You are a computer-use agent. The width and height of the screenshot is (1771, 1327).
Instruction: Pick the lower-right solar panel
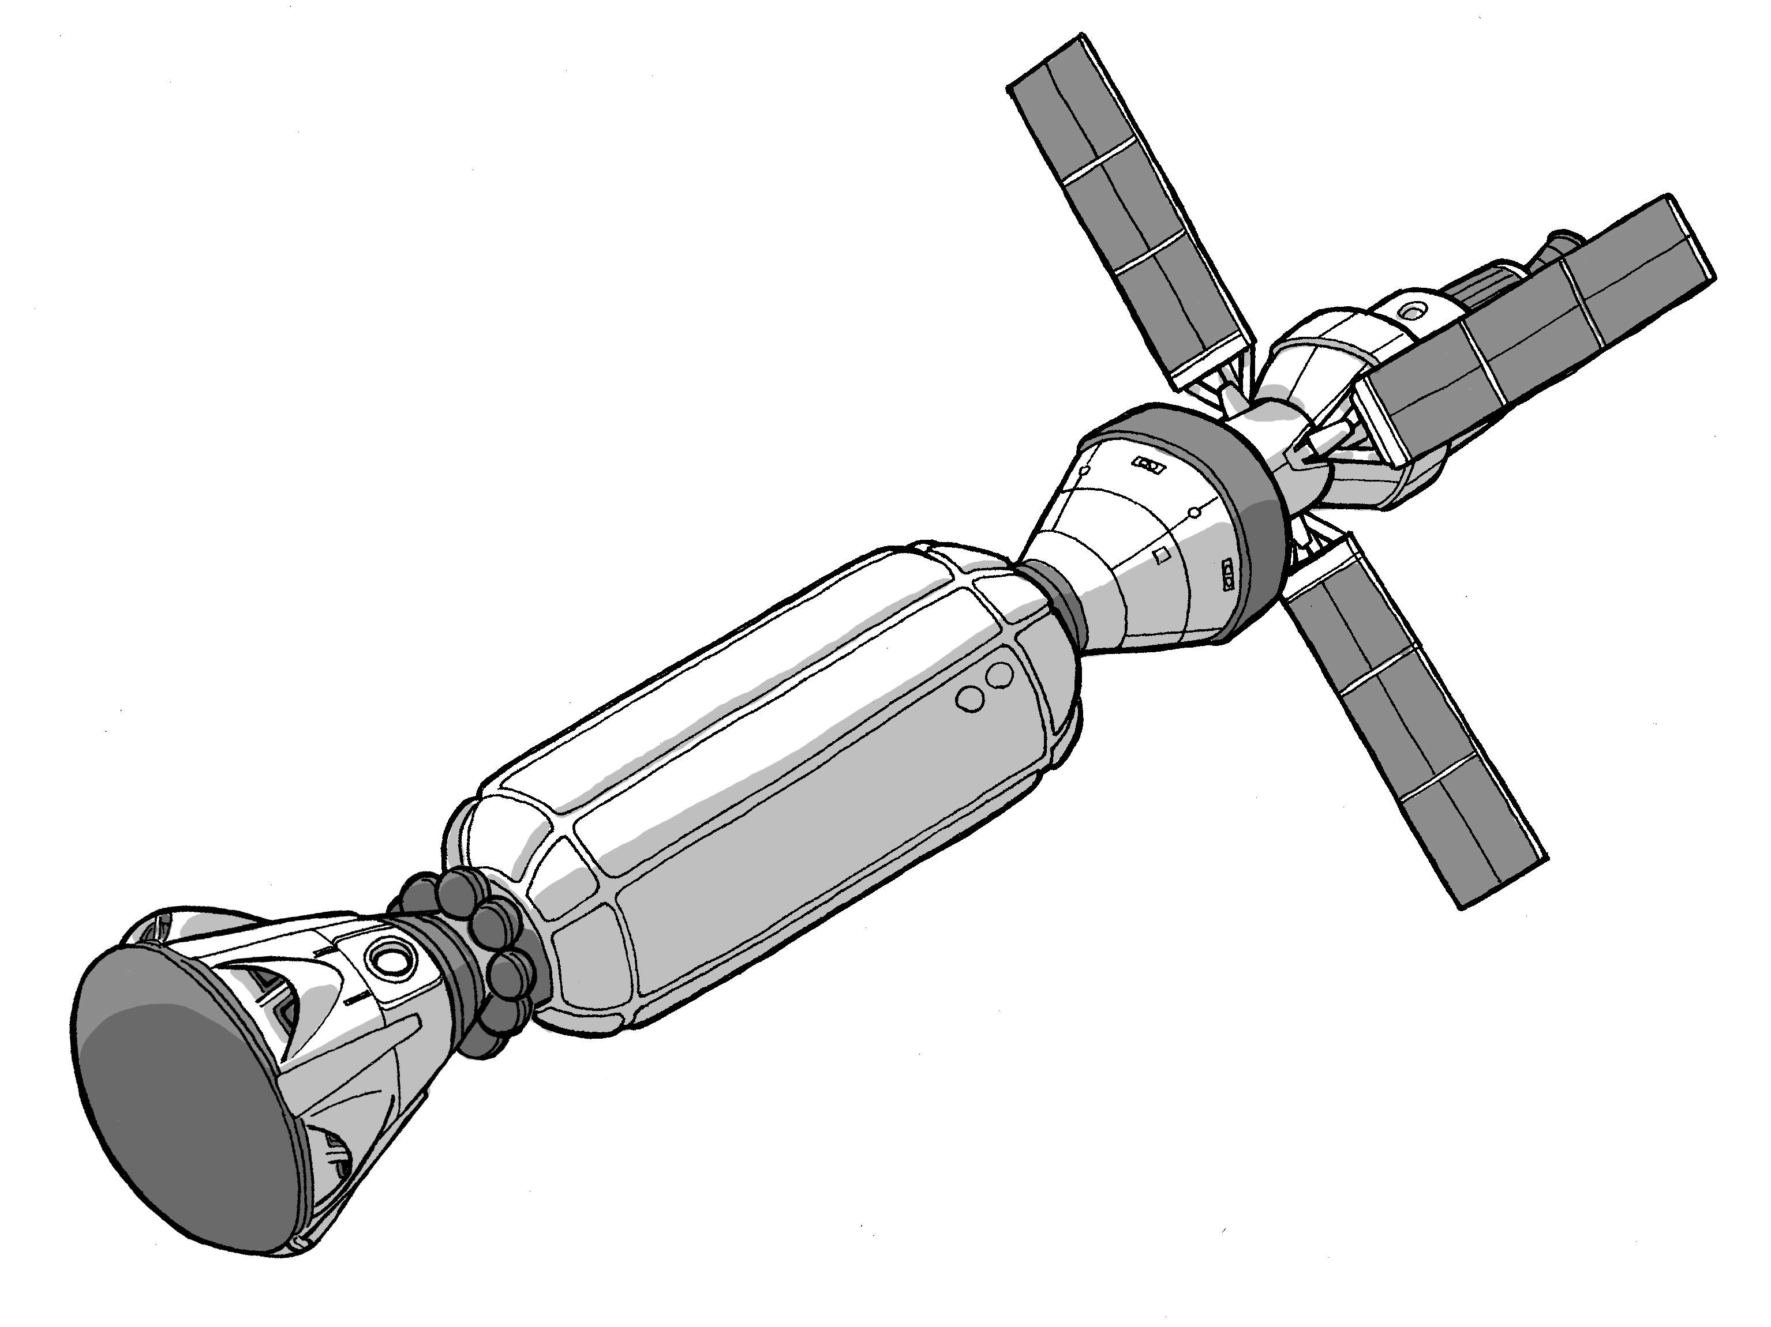point(1413,720)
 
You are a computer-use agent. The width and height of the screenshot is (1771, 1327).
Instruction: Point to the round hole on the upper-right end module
point(1416,307)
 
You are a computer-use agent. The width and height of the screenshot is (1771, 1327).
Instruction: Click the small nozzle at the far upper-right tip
point(1561,242)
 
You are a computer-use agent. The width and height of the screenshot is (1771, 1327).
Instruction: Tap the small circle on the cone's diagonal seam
point(1194,512)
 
